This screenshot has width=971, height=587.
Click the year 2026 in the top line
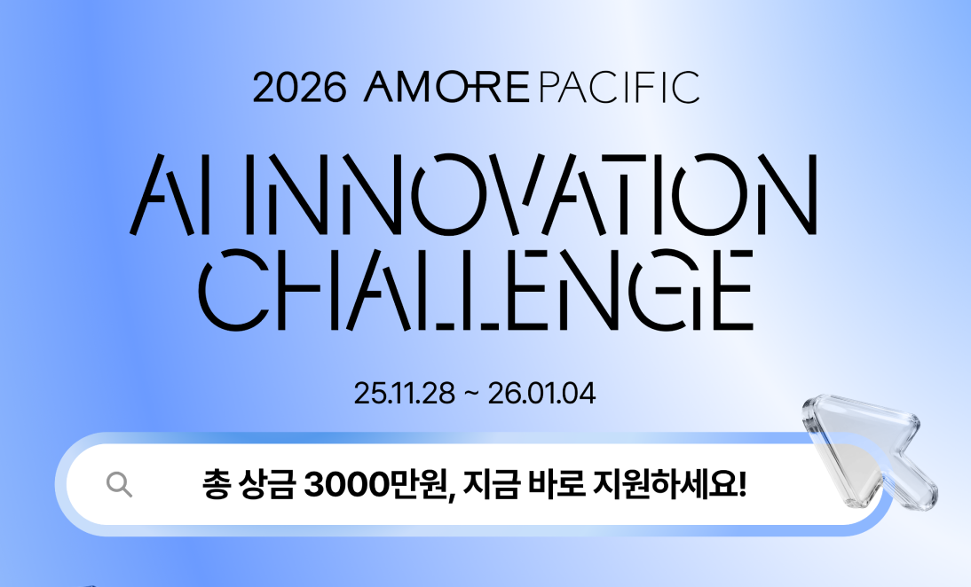299,88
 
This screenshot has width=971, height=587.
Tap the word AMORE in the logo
446,87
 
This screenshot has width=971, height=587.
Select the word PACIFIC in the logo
620,87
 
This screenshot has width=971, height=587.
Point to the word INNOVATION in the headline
532,194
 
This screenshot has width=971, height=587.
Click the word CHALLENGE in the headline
476,289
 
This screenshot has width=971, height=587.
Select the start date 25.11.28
405,394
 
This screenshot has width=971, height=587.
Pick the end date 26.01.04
541,394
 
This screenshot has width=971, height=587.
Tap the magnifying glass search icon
119,484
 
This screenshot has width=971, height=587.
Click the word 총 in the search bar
216,484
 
